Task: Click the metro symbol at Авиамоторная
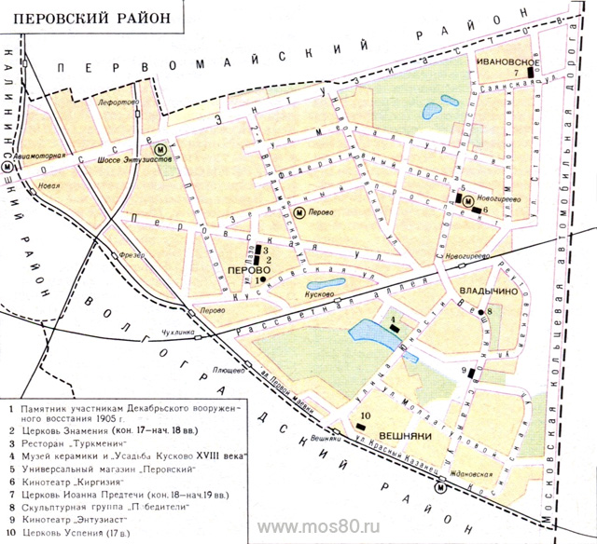(x=9, y=166)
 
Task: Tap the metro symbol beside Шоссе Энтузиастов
(x=160, y=149)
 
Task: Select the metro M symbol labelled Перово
(x=299, y=212)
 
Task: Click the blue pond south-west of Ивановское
(x=433, y=111)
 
